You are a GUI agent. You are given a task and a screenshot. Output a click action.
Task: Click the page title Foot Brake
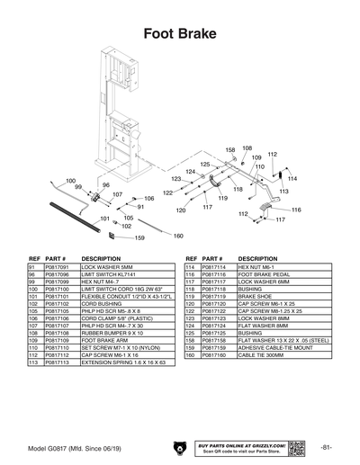click(179, 35)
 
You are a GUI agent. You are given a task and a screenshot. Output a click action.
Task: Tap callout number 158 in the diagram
click(230, 149)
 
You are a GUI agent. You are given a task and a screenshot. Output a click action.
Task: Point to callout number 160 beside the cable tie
click(177, 236)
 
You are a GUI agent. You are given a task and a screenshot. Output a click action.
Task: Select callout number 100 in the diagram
click(70, 181)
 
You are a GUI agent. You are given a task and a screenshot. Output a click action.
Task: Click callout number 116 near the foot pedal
click(296, 210)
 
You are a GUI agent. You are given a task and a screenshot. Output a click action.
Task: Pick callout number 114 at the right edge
click(292, 178)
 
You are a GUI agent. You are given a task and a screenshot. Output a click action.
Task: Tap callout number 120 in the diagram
click(181, 210)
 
